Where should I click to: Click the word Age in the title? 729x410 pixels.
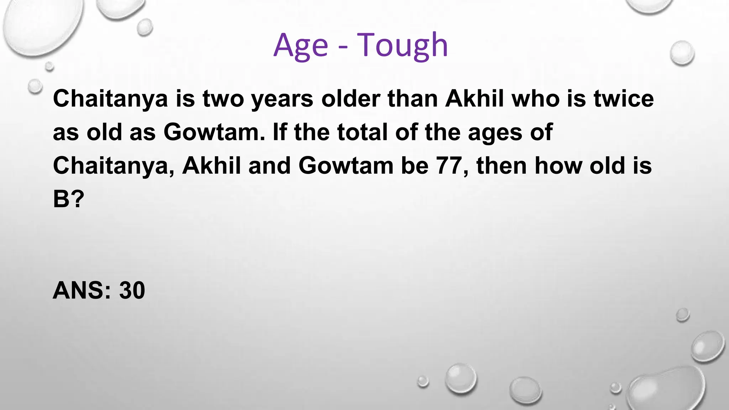coord(300,46)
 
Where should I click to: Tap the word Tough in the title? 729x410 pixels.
coord(402,46)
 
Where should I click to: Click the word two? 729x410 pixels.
coord(223,99)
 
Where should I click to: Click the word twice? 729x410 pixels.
coord(624,99)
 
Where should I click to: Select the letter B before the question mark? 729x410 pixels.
coord(61,199)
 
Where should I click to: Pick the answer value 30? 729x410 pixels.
coord(132,290)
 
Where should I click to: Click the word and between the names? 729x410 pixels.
coord(269,166)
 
